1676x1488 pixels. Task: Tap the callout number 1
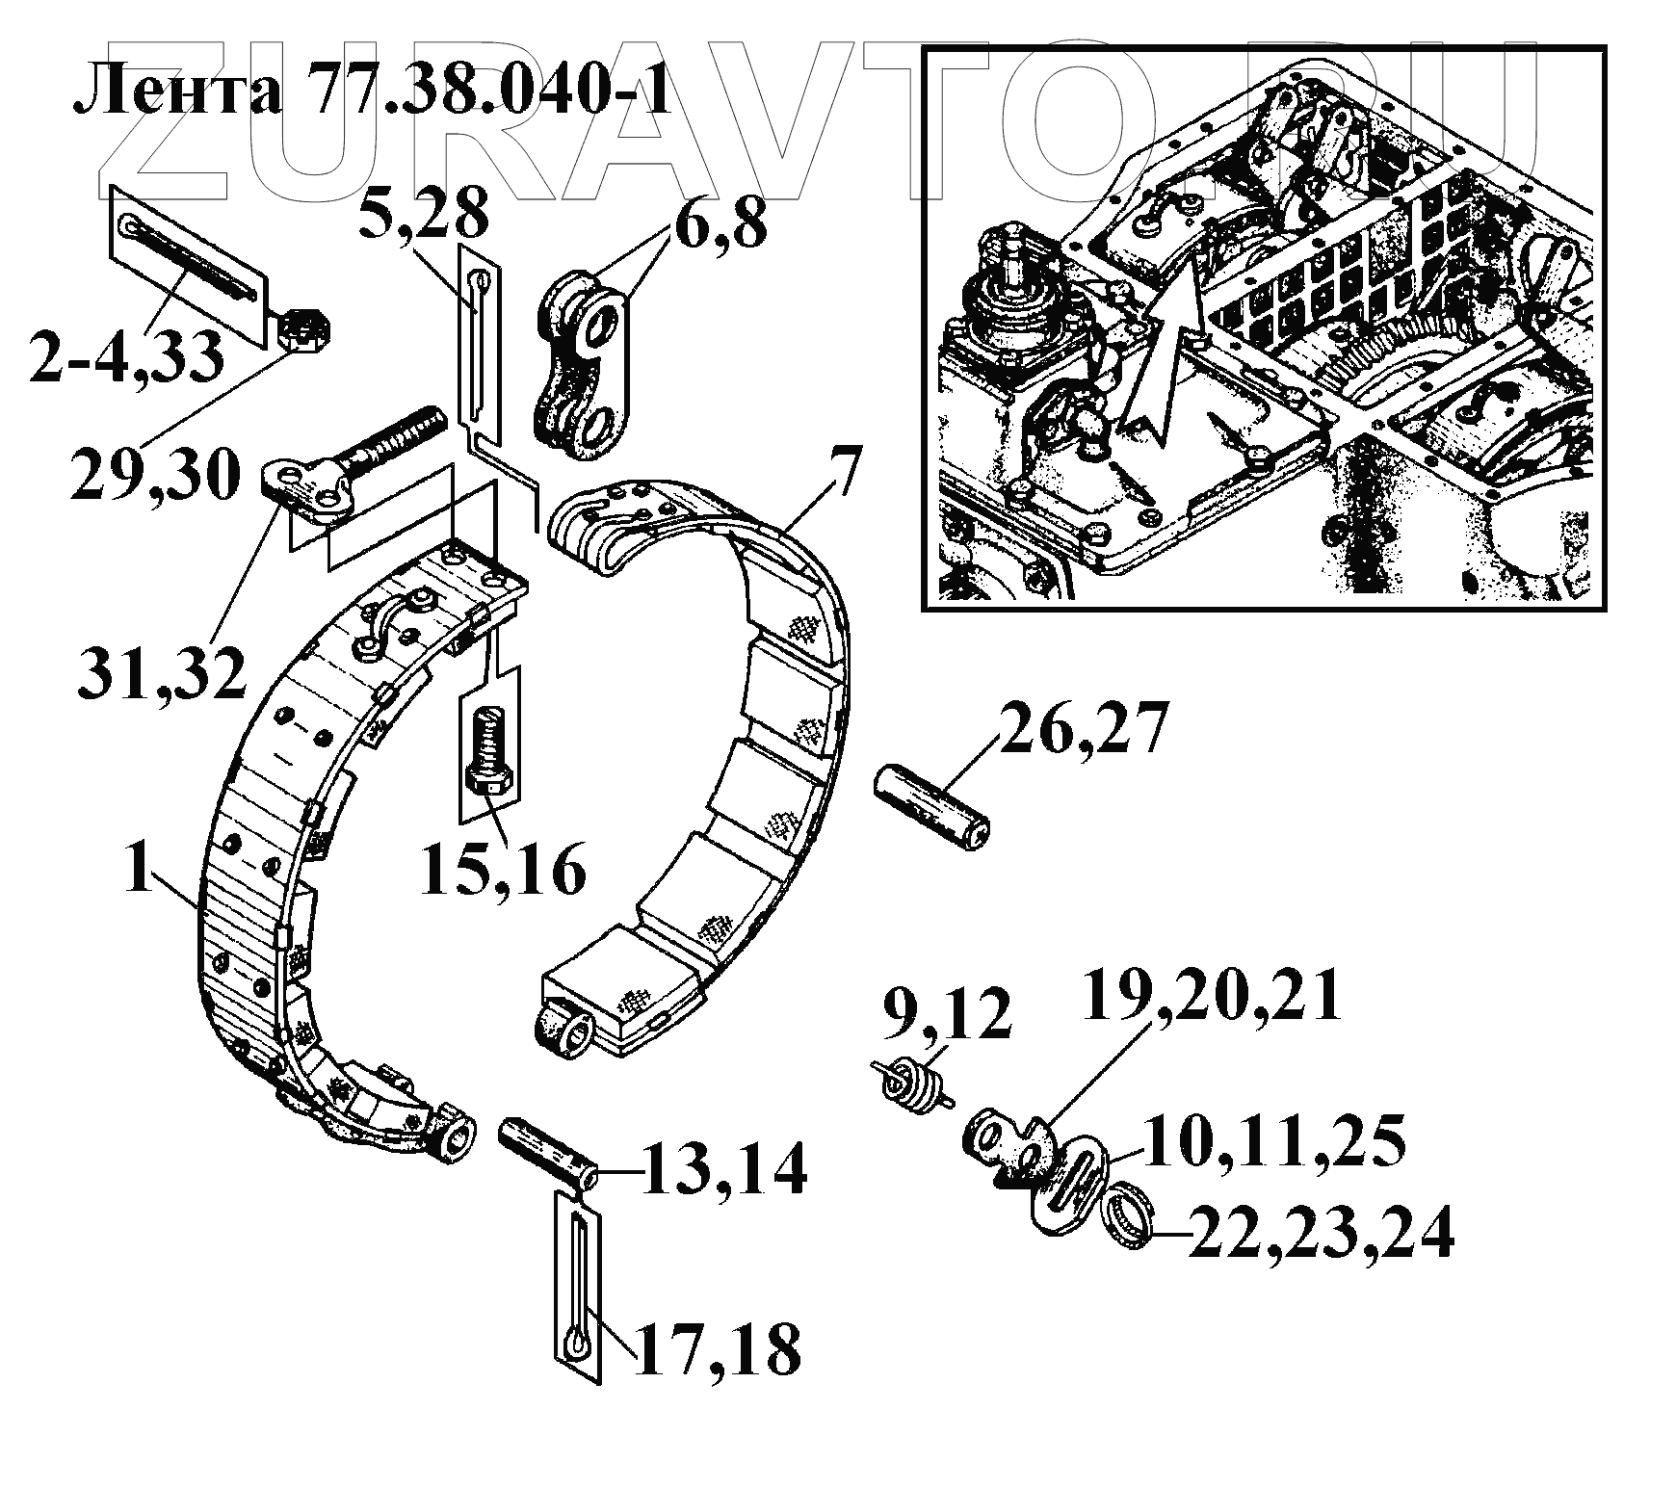pos(140,872)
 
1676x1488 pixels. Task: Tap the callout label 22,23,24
pos(1320,1235)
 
